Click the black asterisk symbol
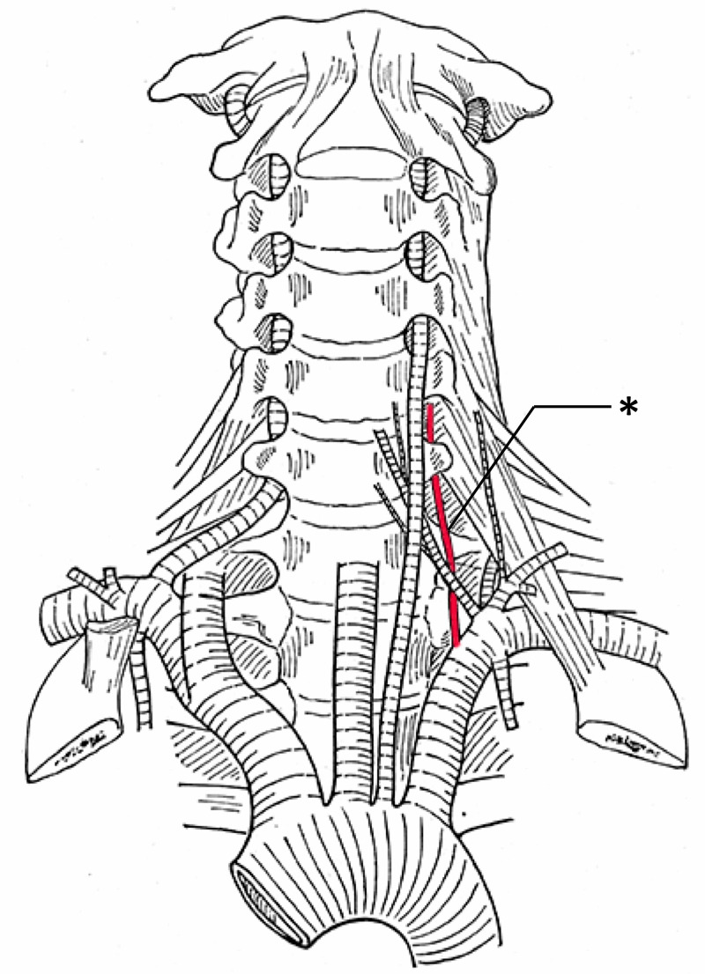point(628,408)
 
